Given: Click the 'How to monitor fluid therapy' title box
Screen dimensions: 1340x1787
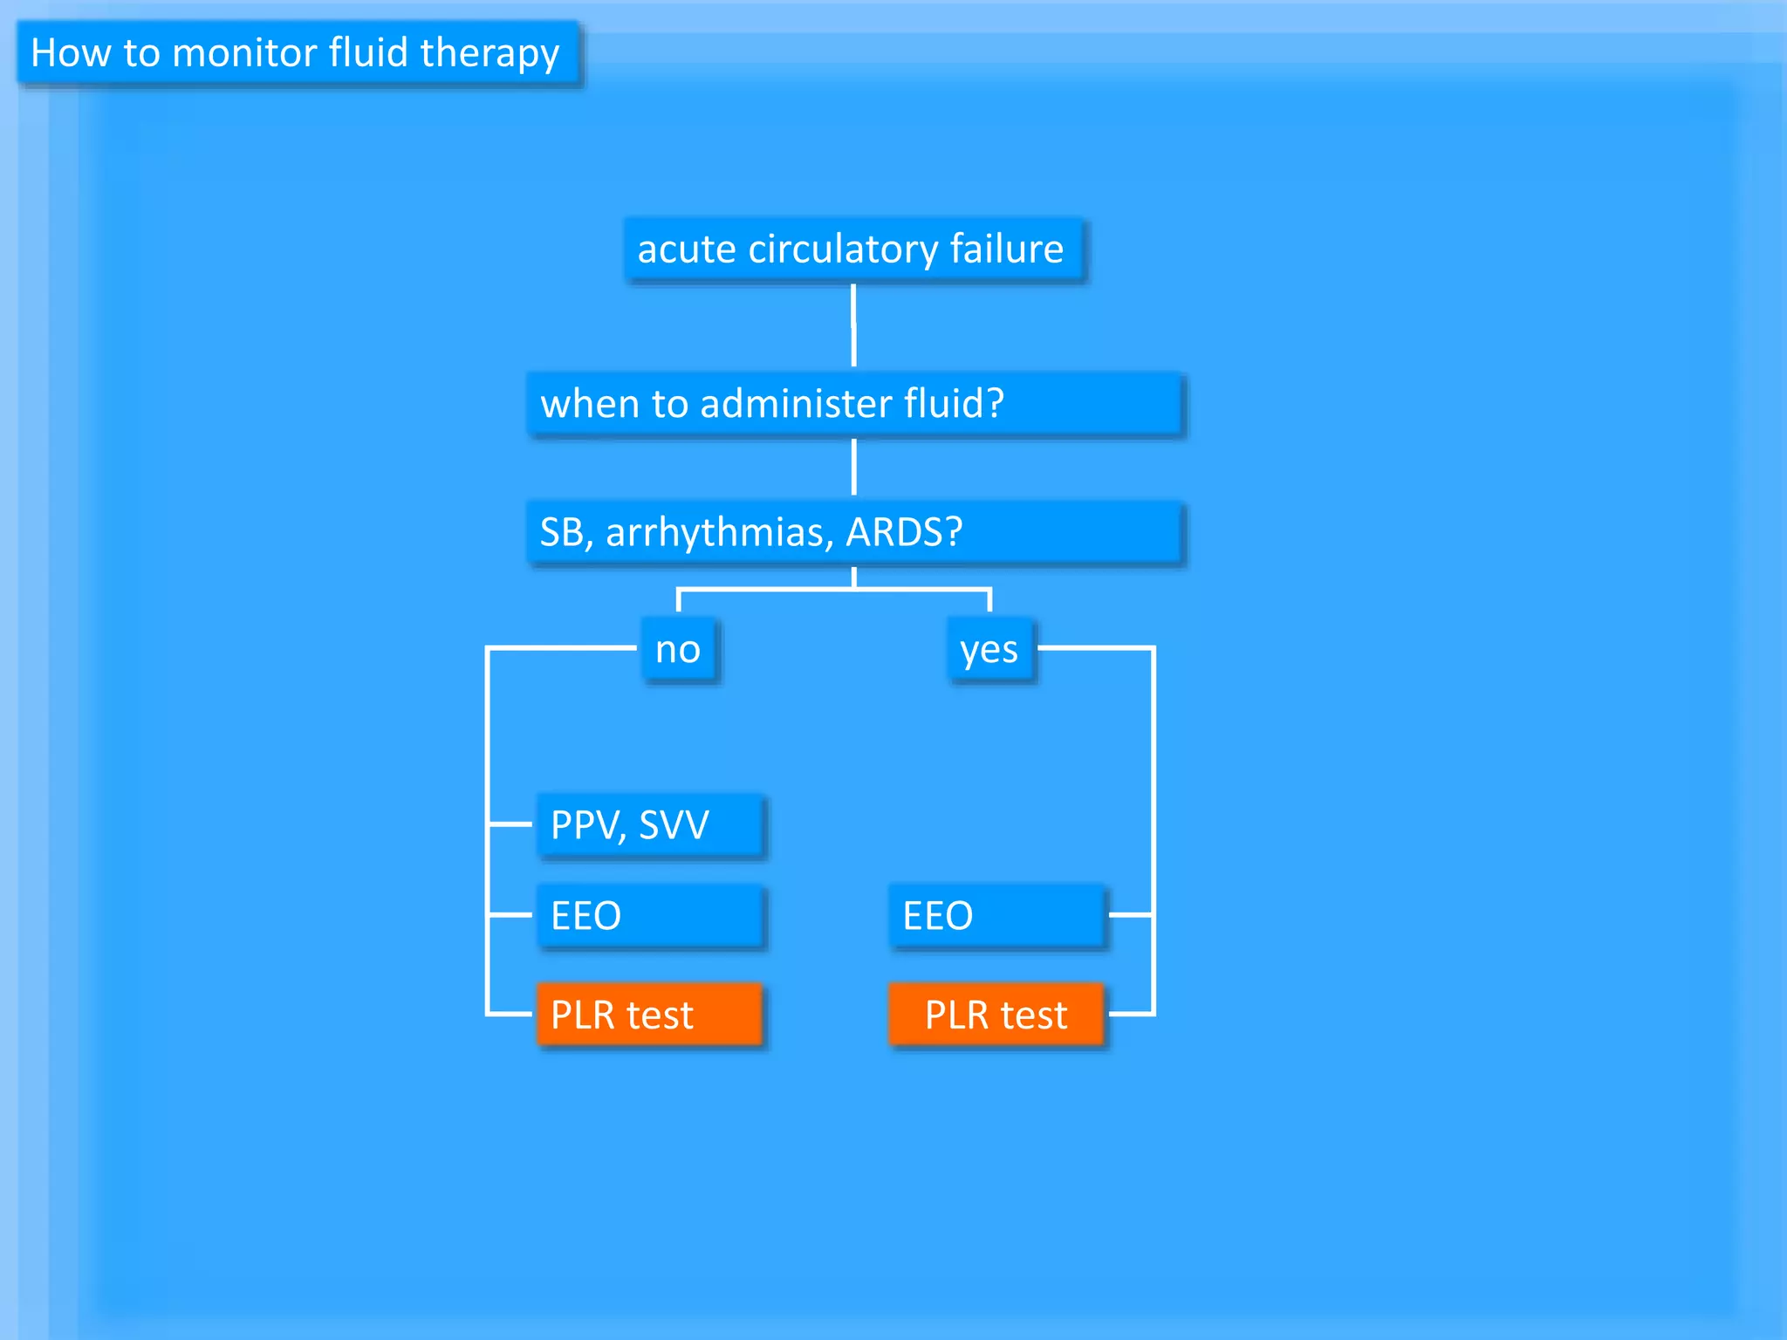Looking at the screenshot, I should tap(297, 53).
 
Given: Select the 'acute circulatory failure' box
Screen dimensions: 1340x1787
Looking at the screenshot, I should tap(853, 250).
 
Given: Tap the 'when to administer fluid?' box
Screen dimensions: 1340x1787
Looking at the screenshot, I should tap(853, 404).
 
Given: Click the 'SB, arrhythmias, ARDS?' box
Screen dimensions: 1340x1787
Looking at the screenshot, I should tap(853, 532).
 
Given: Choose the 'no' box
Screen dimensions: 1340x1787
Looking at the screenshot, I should tap(679, 650).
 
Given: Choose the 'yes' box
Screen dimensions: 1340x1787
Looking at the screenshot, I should tap(989, 650).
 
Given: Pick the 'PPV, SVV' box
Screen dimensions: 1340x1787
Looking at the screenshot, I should tap(649, 825).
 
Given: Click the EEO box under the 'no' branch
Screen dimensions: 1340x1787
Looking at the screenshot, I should tap(649, 916).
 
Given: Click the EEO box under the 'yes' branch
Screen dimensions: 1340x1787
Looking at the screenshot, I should tap(996, 916).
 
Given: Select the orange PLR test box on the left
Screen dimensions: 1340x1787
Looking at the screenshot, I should tap(649, 1015).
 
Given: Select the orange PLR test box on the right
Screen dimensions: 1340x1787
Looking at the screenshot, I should tap(996, 1015).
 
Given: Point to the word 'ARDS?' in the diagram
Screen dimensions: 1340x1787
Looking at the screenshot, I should tap(904, 532).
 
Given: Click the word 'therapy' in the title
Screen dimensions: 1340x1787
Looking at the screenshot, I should tap(490, 54).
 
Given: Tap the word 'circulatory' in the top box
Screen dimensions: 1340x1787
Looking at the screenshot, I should tap(843, 250).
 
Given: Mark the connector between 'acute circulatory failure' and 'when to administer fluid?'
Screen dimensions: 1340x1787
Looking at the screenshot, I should tap(853, 326).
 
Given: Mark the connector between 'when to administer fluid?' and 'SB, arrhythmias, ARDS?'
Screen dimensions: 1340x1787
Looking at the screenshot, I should tap(853, 467).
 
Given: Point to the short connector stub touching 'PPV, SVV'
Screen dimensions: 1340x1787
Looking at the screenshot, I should tap(510, 824).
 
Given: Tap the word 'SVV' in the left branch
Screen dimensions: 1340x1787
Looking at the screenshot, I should tap(674, 825).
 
